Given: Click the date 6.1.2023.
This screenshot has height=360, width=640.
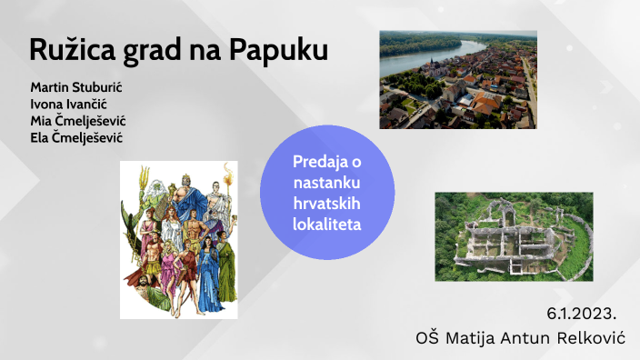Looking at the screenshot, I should pos(581,314).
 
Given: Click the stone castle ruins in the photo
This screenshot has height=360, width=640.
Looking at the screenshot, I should pos(514,236).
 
